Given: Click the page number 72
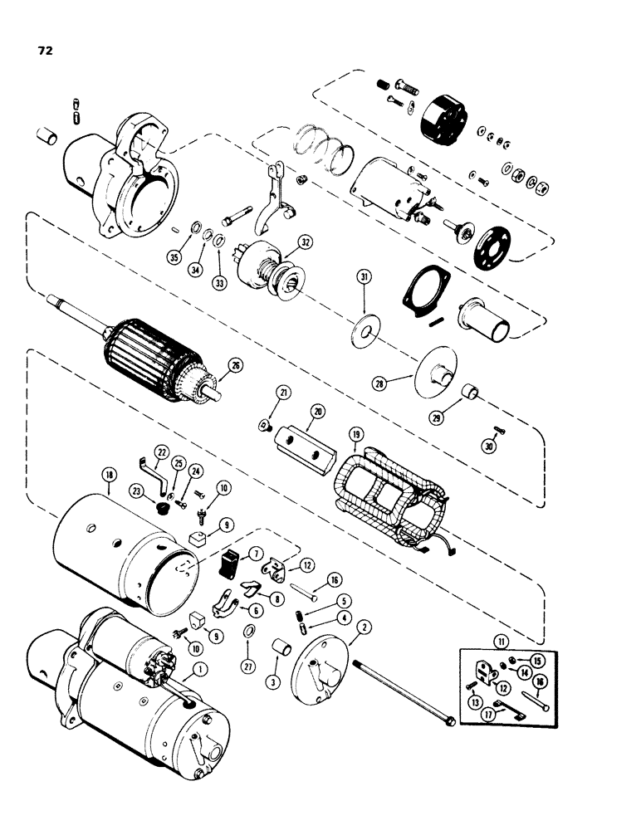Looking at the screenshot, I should (45, 51).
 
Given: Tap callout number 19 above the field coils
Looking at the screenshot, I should (355, 433).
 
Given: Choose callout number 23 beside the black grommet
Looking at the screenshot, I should (135, 490).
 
